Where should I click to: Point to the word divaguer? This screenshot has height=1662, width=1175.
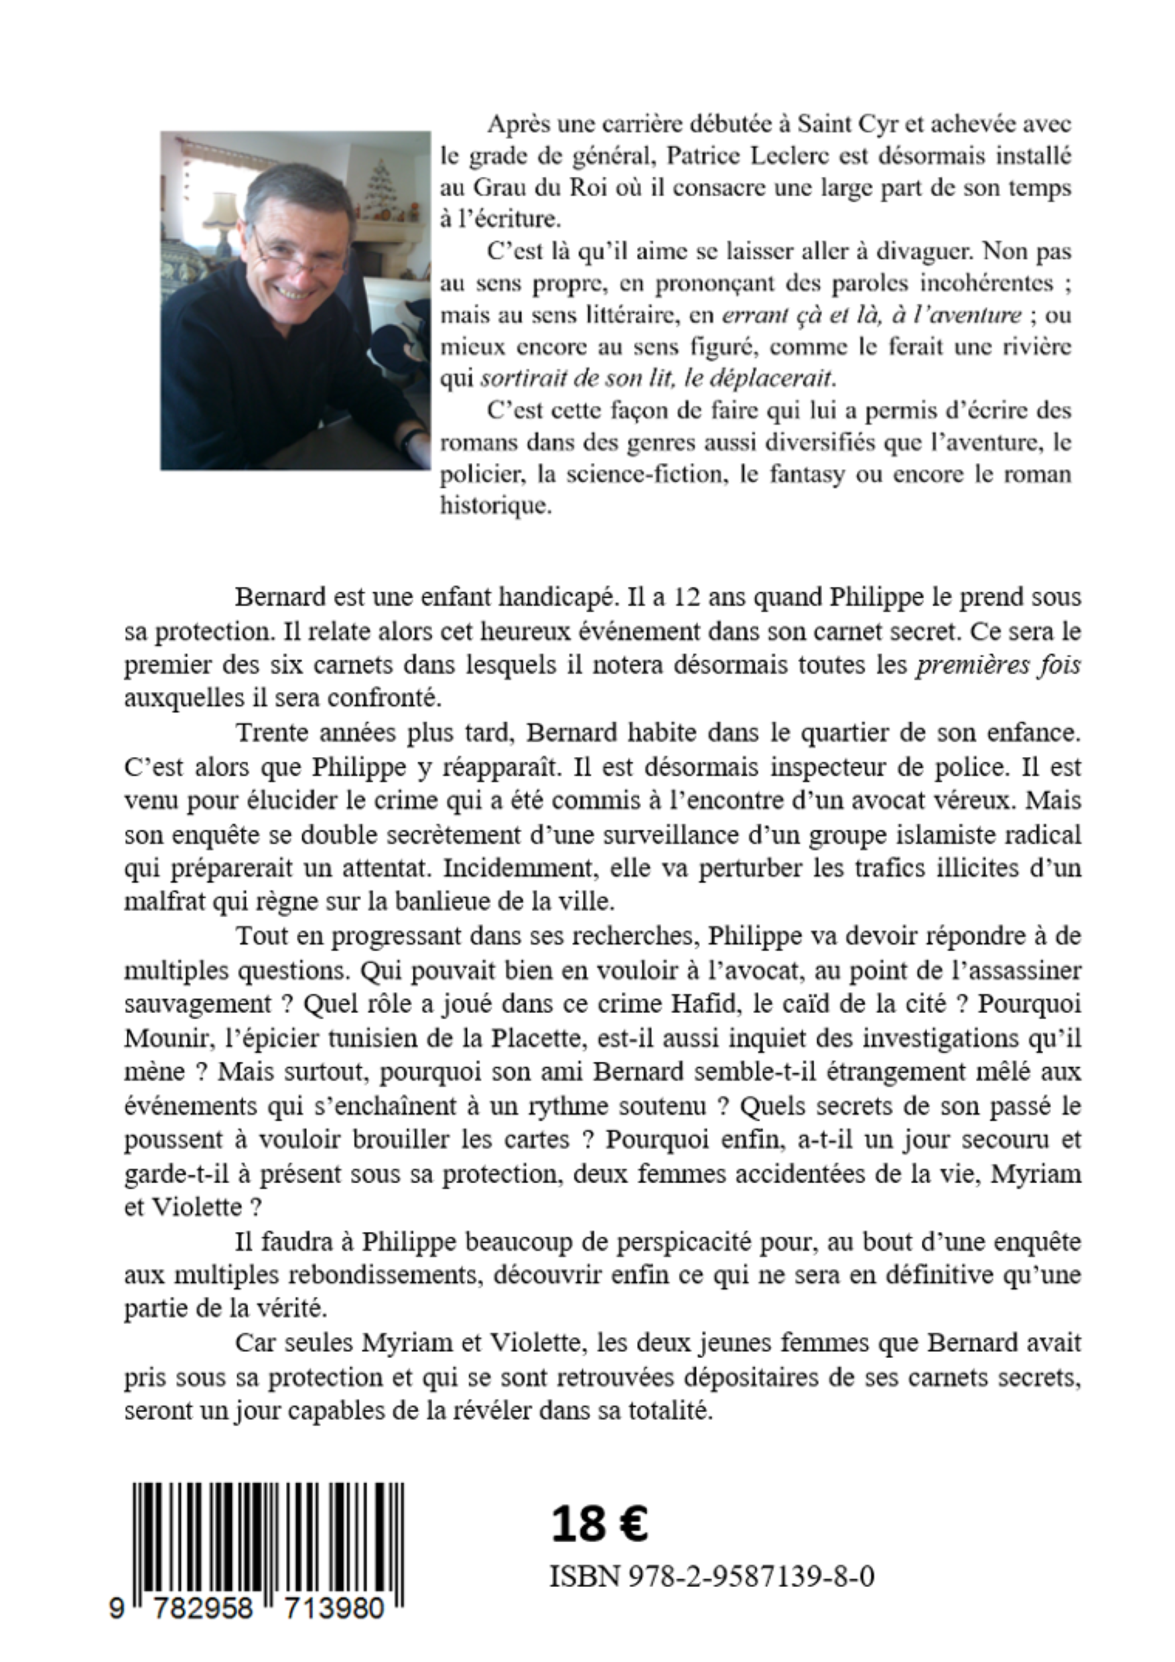pos(917,251)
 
